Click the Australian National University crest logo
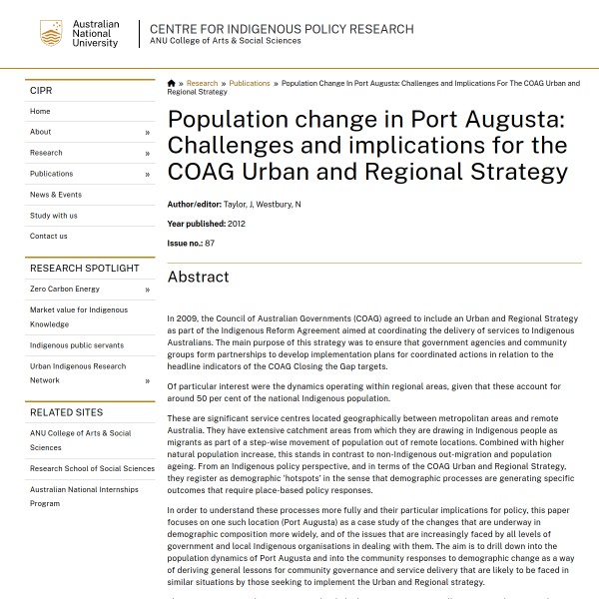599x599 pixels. (51, 33)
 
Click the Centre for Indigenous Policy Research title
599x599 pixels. (282, 29)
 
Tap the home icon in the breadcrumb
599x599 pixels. (172, 84)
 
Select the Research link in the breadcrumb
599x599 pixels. (202, 84)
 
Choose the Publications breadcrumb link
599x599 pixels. (249, 84)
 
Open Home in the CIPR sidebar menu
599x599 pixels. (40, 112)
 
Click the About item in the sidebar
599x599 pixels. (41, 132)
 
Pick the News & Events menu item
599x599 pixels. (56, 195)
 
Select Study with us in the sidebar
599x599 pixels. (53, 216)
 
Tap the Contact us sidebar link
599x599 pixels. (49, 237)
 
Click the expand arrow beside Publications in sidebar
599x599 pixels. (147, 175)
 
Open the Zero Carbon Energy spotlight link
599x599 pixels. (65, 290)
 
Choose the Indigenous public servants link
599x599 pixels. (78, 345)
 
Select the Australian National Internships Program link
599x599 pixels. (84, 496)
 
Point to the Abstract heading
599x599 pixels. (198, 278)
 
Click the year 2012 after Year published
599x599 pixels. (236, 224)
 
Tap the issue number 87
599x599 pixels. (210, 244)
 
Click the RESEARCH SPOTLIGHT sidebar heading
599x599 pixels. (85, 269)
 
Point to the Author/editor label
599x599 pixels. (194, 205)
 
